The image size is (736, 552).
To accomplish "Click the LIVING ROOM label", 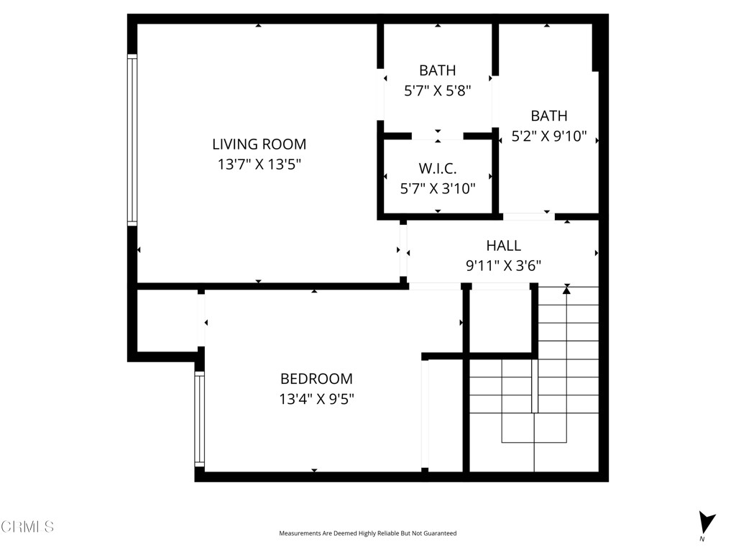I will (x=259, y=144).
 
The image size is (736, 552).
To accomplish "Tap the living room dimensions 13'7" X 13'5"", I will (x=259, y=165).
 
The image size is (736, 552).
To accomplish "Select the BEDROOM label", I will (x=316, y=379).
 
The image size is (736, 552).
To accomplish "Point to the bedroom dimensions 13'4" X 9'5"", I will (x=316, y=399).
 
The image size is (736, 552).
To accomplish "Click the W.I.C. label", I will (x=438, y=168).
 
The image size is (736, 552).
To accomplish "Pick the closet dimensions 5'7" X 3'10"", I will (x=438, y=188).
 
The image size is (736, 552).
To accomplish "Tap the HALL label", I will (x=503, y=246).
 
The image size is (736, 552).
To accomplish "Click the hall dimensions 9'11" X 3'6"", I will (x=503, y=266).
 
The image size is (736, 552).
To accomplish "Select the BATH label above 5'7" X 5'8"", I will (x=438, y=70).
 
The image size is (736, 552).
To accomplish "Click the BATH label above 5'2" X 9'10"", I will (x=549, y=116).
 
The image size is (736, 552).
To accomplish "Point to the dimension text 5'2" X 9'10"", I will (x=549, y=136).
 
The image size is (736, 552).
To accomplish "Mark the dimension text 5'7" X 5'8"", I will (x=438, y=91).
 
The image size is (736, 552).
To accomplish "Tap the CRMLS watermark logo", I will (x=27, y=527).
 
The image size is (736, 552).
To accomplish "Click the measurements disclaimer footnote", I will (x=367, y=533).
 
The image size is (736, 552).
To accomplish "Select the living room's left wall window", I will (x=132, y=140).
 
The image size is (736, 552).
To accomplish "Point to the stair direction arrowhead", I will (x=566, y=290).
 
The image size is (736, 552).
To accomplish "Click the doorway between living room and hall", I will (x=403, y=250).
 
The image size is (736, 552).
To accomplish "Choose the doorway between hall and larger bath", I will (x=528, y=216).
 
